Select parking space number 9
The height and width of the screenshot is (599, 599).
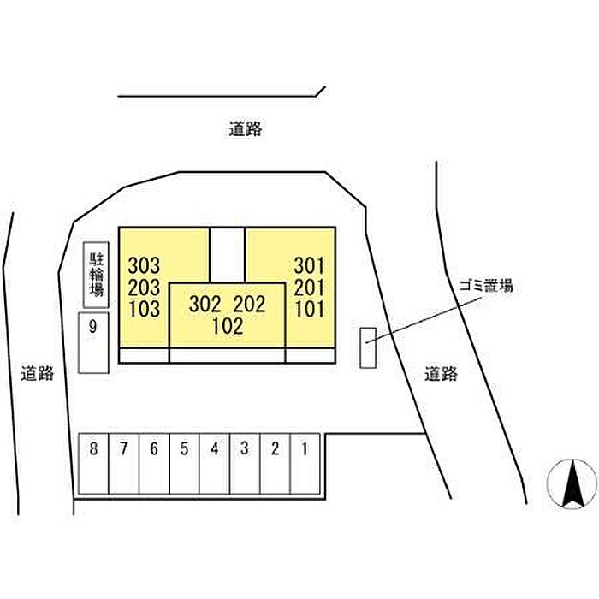click(93, 342)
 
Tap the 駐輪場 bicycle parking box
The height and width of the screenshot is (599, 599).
click(96, 276)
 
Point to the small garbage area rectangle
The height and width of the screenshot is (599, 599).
click(368, 347)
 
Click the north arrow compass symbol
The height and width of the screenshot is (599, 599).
click(572, 483)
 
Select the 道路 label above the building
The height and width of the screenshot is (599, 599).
click(246, 129)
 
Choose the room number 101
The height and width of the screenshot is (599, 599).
click(309, 309)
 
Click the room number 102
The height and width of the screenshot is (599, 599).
click(228, 326)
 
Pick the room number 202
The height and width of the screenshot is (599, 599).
click(248, 304)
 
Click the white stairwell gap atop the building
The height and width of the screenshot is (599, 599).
click(228, 252)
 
